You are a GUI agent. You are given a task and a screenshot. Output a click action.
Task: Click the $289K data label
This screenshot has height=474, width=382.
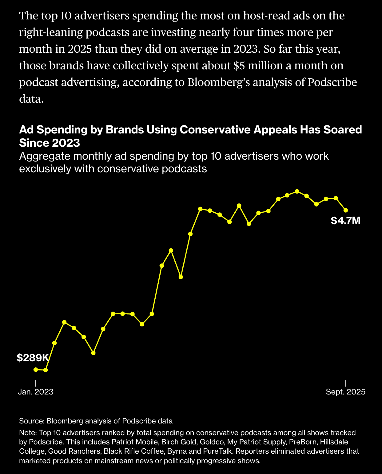click(33, 358)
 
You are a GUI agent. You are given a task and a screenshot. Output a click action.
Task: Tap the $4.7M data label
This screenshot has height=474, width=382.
click(345, 221)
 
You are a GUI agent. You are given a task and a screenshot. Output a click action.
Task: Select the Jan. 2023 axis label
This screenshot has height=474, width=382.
click(36, 392)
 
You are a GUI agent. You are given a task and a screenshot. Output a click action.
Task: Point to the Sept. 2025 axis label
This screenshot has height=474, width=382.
click(346, 392)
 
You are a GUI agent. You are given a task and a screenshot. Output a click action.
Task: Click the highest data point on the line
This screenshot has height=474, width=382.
click(297, 191)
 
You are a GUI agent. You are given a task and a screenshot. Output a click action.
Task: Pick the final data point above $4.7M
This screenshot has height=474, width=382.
click(346, 210)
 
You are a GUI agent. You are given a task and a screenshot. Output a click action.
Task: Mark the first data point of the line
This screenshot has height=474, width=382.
click(36, 369)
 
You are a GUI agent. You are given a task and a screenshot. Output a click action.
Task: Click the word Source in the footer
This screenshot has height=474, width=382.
click(31, 421)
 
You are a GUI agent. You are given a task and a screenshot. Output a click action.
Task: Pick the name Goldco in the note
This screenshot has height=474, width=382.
click(212, 442)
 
